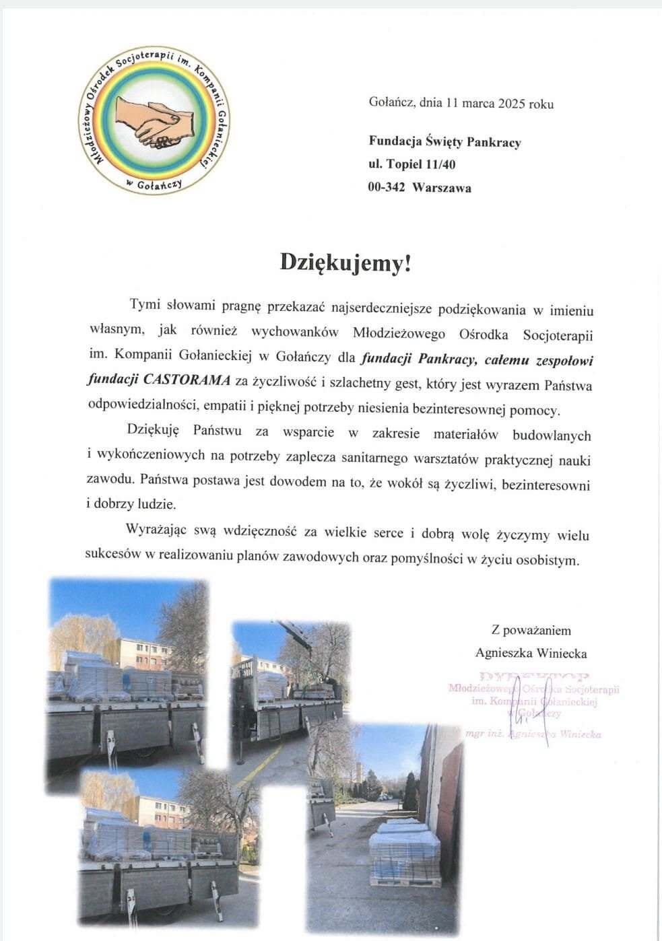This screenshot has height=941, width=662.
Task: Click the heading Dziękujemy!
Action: pyautogui.click(x=345, y=263)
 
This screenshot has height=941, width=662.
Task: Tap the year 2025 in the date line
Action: pyautogui.click(x=512, y=104)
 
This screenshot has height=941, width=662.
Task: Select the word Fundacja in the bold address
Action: pyautogui.click(x=395, y=141)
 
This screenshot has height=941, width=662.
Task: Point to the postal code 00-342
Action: pyautogui.click(x=387, y=188)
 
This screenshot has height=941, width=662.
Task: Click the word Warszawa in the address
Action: pyautogui.click(x=442, y=188)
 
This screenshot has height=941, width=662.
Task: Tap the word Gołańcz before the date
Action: pyautogui.click(x=391, y=104)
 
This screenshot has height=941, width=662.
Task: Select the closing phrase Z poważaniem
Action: pyautogui.click(x=531, y=631)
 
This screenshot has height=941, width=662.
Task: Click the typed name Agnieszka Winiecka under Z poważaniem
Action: pyautogui.click(x=531, y=653)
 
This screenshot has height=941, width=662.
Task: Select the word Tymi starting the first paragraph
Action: pyautogui.click(x=144, y=305)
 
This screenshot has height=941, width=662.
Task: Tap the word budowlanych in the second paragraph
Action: pyautogui.click(x=552, y=435)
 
